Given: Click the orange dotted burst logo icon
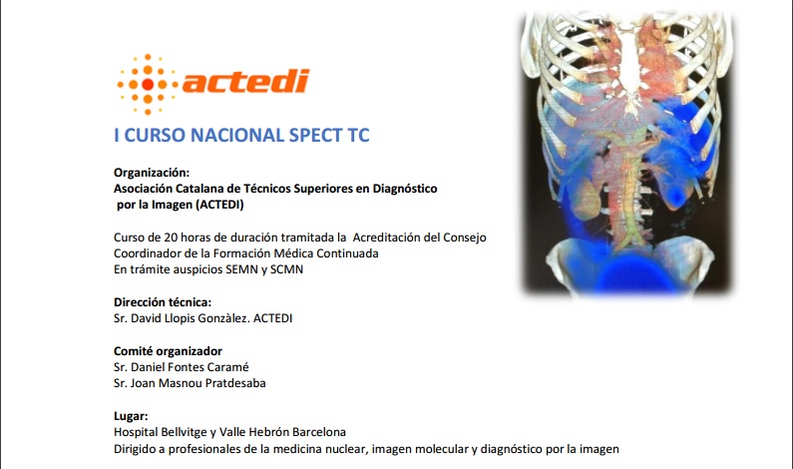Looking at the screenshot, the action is (x=148, y=84).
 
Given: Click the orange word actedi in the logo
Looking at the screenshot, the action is (x=245, y=82).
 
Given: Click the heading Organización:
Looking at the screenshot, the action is (x=152, y=173).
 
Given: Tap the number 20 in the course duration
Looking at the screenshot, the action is (x=171, y=237).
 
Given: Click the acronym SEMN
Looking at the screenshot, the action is (x=241, y=269).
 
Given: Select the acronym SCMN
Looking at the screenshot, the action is (x=286, y=269).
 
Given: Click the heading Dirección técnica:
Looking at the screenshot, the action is (x=163, y=302).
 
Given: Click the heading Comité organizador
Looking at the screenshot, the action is (x=168, y=351).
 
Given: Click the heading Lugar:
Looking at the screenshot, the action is (x=131, y=416).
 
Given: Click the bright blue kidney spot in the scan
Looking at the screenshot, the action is (x=674, y=195).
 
